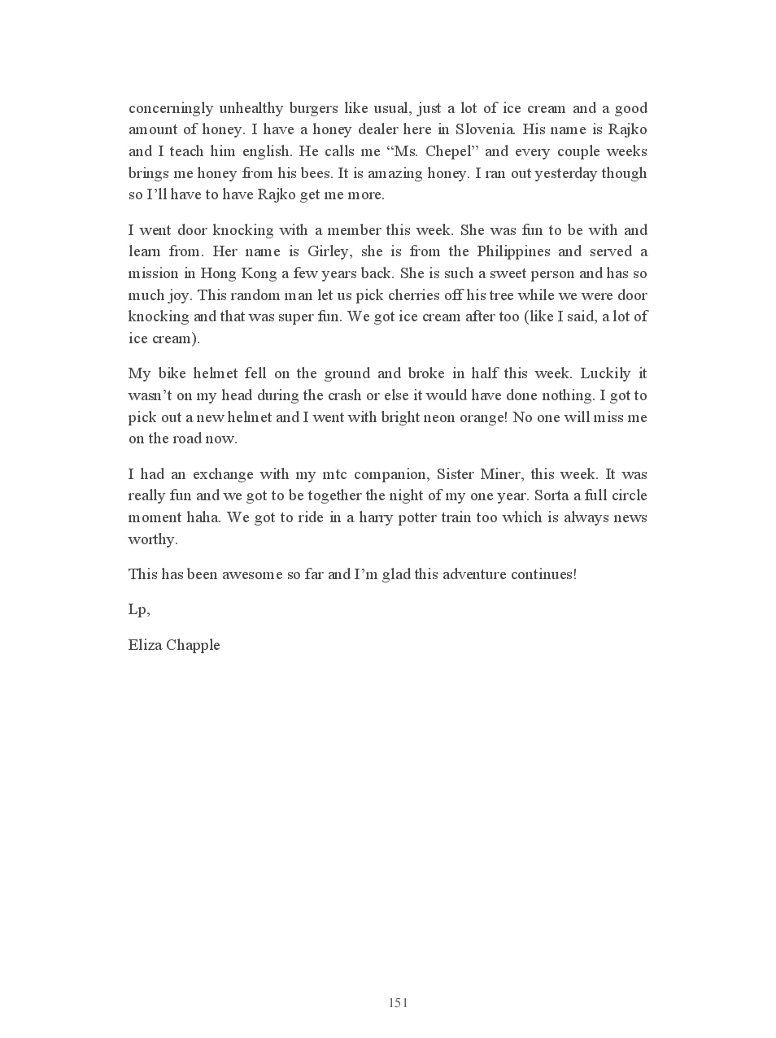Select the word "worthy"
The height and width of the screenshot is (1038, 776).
[x=151, y=539]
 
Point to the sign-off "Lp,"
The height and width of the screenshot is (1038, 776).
[x=139, y=609]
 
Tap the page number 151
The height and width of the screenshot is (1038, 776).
[x=398, y=1002]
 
